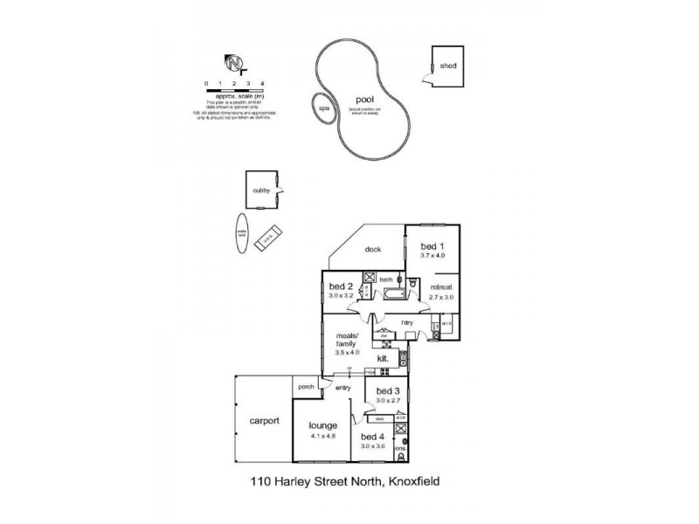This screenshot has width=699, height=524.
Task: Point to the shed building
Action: point(446,65)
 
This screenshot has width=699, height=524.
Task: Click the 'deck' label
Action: point(372,249)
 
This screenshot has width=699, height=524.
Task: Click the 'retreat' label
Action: point(440,286)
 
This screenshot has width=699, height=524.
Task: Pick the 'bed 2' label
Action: point(341,286)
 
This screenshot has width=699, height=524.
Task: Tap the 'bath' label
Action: point(385,279)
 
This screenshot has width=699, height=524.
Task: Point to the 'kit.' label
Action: point(383,358)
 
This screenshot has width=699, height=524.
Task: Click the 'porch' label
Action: point(306,387)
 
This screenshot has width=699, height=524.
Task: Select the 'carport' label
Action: point(263,420)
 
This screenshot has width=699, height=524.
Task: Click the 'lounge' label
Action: point(322,425)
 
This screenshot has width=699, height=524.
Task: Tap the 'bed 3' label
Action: point(389,390)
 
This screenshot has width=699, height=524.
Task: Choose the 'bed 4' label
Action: point(373,437)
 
